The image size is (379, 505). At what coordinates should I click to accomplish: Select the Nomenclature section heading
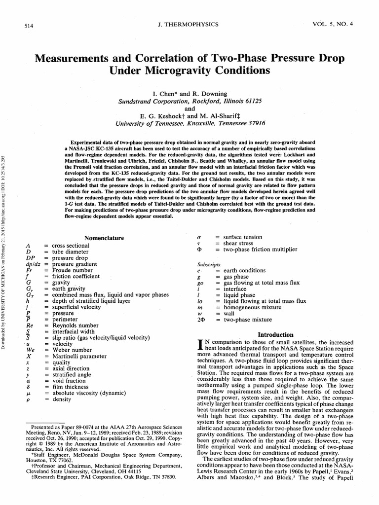[104, 238]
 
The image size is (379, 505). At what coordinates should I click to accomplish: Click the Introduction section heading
[276, 334]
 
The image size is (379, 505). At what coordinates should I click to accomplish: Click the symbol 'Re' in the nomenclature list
[30, 325]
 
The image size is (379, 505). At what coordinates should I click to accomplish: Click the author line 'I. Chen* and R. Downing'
[189, 93]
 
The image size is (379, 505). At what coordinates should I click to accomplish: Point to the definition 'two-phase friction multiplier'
[260, 250]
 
